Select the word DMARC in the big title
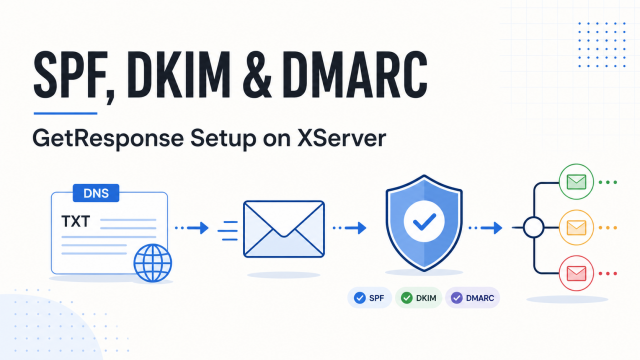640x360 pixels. [x=355, y=76]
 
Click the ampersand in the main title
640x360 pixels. [x=256, y=76]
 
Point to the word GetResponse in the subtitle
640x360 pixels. [x=108, y=139]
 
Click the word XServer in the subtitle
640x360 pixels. [x=341, y=138]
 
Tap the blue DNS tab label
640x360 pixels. [x=96, y=193]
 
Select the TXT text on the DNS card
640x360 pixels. [x=76, y=221]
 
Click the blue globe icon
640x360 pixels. [x=153, y=263]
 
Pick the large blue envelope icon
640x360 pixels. [x=284, y=229]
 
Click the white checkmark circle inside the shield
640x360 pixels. [x=424, y=221]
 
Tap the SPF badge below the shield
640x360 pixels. [x=369, y=298]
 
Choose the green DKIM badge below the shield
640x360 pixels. [x=418, y=298]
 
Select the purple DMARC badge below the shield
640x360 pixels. [x=472, y=298]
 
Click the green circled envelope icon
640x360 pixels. [x=576, y=182]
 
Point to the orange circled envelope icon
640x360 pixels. [x=576, y=227]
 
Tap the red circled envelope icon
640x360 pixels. [x=576, y=273]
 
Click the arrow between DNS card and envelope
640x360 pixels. [x=192, y=228]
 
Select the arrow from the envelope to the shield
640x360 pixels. [x=349, y=228]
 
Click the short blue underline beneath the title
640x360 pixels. [x=65, y=113]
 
